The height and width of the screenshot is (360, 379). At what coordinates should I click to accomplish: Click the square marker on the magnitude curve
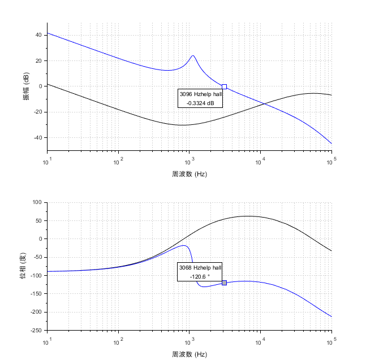click(x=224, y=86)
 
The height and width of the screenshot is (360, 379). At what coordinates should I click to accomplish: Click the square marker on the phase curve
click(x=224, y=283)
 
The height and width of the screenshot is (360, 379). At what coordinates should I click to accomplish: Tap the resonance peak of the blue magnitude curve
click(x=193, y=56)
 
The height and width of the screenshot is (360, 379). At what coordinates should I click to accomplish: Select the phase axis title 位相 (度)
click(x=23, y=266)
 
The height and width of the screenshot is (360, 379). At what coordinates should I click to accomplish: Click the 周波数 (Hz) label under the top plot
click(x=189, y=174)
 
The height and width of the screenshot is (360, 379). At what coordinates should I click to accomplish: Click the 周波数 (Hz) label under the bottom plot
click(x=189, y=354)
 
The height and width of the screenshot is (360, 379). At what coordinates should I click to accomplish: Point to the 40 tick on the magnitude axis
click(x=38, y=35)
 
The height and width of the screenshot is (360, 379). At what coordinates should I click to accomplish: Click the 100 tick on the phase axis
click(x=37, y=202)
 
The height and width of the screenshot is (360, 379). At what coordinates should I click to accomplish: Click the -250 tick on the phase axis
click(x=36, y=331)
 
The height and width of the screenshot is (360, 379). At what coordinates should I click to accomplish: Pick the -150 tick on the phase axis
click(x=36, y=294)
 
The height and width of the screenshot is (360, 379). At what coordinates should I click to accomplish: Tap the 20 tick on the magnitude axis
click(x=38, y=61)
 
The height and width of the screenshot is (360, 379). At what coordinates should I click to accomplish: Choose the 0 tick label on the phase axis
click(x=40, y=239)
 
